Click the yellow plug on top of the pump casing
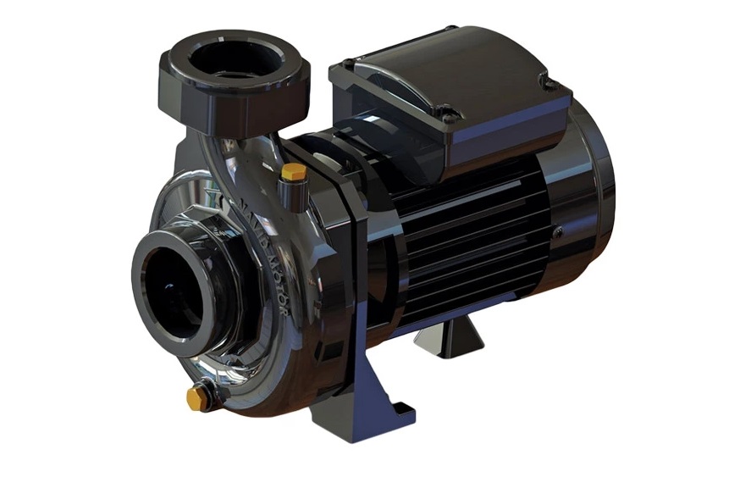pyautogui.click(x=294, y=171)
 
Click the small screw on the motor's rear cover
pyautogui.click(x=558, y=230)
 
